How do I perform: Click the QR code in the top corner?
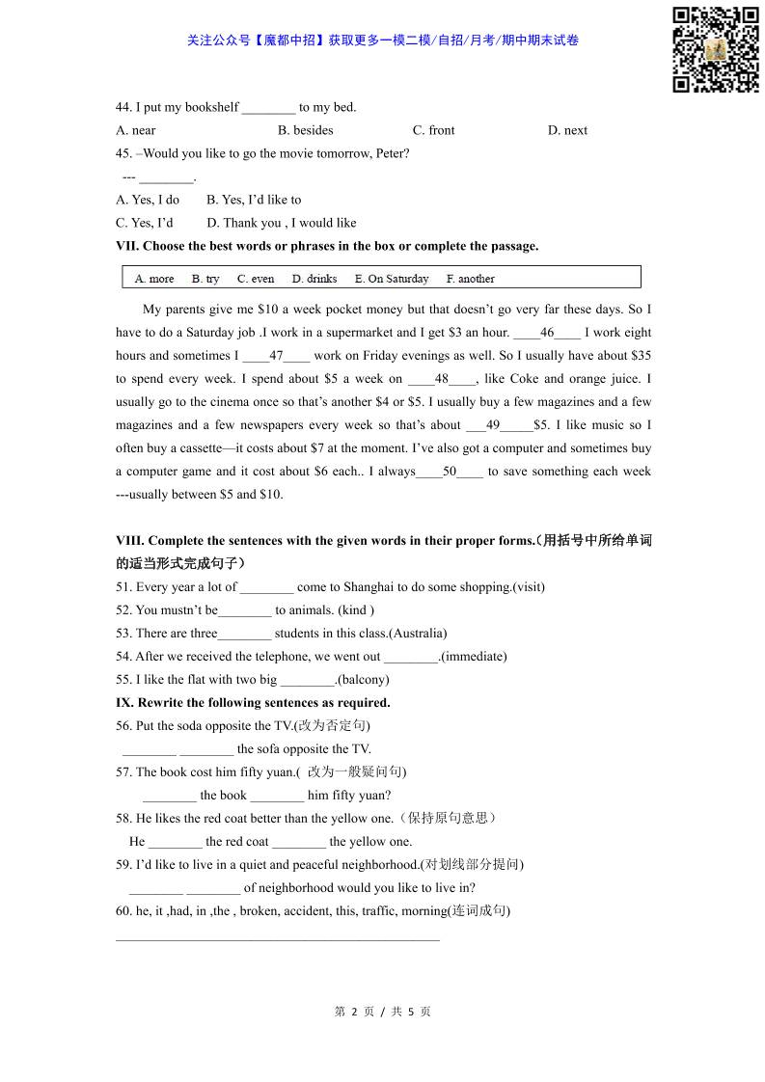[715, 49]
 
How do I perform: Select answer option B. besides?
[305, 130]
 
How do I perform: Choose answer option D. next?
[567, 130]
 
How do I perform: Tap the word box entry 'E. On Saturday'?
[392, 279]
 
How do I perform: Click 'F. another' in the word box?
[470, 279]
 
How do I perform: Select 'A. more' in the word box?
[154, 279]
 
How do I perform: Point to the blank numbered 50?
[450, 472]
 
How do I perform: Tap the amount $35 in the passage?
[641, 356]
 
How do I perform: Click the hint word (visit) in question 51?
[529, 587]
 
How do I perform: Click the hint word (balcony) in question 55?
[363, 680]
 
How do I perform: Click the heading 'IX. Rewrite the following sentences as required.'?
[253, 703]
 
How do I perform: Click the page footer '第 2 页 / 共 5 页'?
[382, 1012]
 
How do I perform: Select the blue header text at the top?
[383, 41]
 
